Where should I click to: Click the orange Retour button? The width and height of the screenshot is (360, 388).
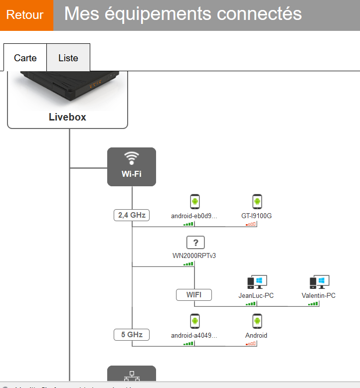pos(25,15)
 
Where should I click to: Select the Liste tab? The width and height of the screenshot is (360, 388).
pos(68,58)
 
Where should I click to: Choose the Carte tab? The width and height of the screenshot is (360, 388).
pos(25,58)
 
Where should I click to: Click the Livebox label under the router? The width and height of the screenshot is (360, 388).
pos(67,118)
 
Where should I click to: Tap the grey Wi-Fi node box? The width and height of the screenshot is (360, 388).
pos(132,167)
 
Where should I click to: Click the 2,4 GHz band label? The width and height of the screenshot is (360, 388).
pos(132,215)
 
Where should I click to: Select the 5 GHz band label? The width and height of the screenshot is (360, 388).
pos(132,335)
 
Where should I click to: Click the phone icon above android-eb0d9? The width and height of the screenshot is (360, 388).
pos(194,202)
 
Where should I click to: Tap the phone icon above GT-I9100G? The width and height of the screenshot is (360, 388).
pos(257,202)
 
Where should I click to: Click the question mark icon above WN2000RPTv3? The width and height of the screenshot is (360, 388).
pos(195,243)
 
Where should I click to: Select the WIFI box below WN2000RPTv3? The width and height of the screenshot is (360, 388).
pos(194,295)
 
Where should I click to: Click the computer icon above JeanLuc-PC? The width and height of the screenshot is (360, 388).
pos(257,282)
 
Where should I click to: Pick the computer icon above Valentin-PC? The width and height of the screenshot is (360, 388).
pos(319,282)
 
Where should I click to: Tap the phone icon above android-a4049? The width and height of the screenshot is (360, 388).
pos(194,321)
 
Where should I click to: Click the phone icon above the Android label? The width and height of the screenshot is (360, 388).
pos(257,321)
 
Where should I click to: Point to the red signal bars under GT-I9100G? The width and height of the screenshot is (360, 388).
pos(250,224)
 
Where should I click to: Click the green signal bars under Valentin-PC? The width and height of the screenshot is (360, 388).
pos(313,303)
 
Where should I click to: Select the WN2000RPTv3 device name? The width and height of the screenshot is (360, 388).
pos(194,256)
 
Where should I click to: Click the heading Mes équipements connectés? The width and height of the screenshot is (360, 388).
pos(183,14)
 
